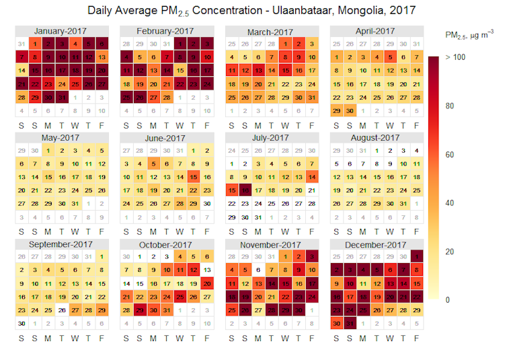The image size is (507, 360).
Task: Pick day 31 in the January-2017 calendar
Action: (63, 97)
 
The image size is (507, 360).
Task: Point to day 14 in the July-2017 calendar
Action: (311, 177)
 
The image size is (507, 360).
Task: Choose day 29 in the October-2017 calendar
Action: (141, 310)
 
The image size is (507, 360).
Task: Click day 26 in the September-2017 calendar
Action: (63, 310)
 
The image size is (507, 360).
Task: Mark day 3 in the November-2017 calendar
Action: (311, 257)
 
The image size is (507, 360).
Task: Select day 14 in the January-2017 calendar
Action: (22, 71)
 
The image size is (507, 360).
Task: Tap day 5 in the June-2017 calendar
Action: (155, 164)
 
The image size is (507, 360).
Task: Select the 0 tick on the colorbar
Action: (448, 299)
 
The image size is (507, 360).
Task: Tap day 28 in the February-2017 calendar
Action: (167, 97)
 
